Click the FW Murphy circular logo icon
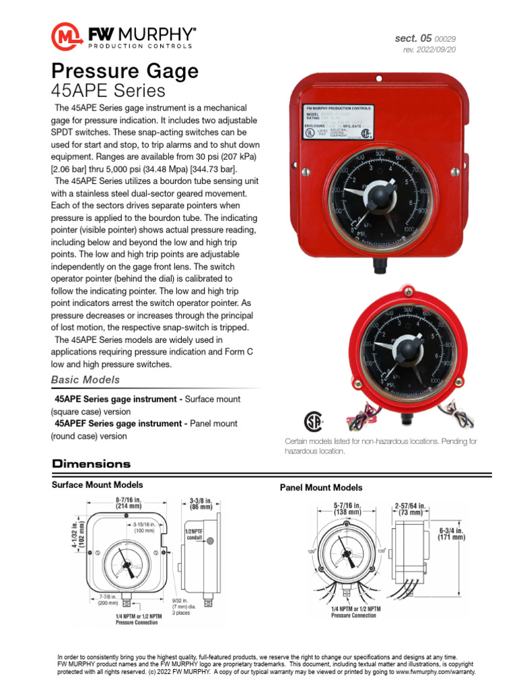tap(67, 35)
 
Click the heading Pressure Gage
tap(125, 71)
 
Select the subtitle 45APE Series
tap(108, 90)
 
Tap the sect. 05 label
tap(412, 38)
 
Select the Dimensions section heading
tap(91, 464)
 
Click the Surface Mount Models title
tap(97, 484)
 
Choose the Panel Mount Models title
tap(320, 487)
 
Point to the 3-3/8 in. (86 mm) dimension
tap(201, 504)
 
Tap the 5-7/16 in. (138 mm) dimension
tap(348, 509)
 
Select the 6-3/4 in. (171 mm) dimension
tap(451, 534)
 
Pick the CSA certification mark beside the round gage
tap(311, 420)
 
